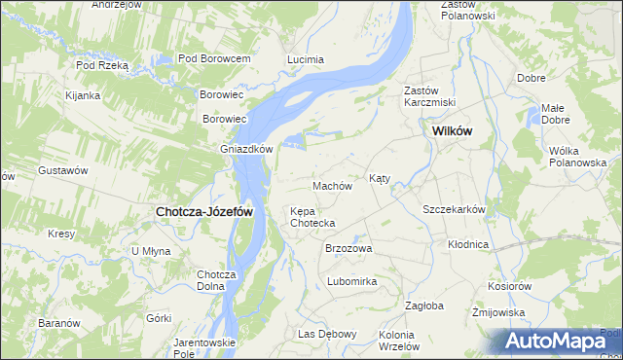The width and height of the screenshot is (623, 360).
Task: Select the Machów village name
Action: coord(331,185)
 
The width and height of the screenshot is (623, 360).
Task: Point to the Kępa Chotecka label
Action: coord(312,217)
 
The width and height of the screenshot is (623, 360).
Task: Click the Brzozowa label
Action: coord(348,248)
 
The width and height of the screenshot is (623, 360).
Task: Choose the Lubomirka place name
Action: coord(351,281)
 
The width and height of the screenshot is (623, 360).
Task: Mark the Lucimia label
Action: coord(305,59)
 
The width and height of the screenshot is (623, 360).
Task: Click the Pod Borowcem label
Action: coord(215,58)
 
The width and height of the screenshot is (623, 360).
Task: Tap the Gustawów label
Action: coord(63,170)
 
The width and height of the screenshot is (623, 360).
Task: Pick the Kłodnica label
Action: coord(468,244)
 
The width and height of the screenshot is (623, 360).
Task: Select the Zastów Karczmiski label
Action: coord(429,96)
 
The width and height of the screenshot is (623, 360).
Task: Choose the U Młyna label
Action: coord(151,250)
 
